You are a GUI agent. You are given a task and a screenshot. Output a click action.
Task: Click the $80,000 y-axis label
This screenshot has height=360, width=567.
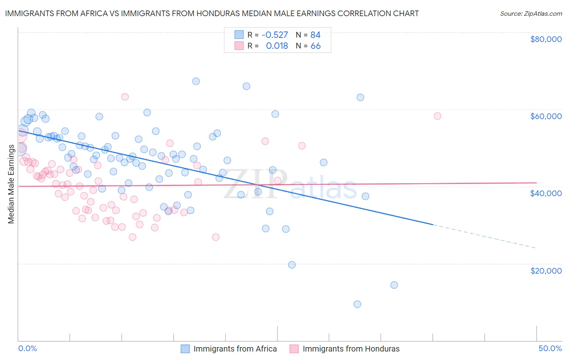[x=546, y=39]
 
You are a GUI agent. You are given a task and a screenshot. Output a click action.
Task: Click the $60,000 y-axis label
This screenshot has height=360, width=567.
[x=546, y=116]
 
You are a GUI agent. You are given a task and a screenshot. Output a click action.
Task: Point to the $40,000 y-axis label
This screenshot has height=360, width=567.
[x=546, y=193]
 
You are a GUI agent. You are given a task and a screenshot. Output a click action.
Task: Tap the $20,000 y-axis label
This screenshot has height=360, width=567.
[x=546, y=270]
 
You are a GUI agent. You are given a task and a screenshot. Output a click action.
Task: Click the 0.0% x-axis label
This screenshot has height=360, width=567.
[x=27, y=349]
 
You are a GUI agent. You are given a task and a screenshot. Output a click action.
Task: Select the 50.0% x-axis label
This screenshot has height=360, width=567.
[x=550, y=349]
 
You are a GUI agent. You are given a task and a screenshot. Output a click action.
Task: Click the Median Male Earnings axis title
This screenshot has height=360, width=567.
[x=11, y=184]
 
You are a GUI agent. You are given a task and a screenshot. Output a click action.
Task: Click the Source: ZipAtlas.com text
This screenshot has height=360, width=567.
[x=531, y=13]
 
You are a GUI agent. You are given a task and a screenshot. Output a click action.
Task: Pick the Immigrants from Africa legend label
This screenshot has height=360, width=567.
[x=235, y=349]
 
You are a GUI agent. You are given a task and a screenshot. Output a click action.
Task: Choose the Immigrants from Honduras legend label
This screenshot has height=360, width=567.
[x=351, y=349]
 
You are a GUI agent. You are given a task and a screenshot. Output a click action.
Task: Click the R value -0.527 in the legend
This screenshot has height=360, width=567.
[x=275, y=35]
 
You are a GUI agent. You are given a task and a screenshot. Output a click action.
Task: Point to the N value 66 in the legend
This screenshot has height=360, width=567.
[x=315, y=46]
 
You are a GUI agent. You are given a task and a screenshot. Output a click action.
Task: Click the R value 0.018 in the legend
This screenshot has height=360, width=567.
[x=277, y=46]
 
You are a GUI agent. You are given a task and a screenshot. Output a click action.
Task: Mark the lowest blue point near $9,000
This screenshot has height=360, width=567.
[x=357, y=304]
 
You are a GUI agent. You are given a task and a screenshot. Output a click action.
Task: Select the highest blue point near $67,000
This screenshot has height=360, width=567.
[x=196, y=81]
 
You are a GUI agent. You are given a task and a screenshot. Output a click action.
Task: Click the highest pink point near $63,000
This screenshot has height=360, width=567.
[x=125, y=97]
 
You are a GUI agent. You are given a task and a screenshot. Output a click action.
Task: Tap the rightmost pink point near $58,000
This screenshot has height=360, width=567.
[x=438, y=116]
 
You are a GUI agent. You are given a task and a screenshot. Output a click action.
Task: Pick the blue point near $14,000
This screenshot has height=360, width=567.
[x=394, y=285]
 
